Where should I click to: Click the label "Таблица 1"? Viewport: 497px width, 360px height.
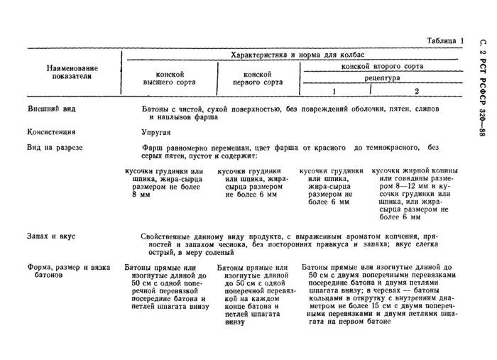click(x=441, y=41)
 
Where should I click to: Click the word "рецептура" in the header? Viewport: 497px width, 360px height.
click(x=381, y=78)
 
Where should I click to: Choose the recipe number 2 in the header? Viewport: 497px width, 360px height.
click(x=417, y=91)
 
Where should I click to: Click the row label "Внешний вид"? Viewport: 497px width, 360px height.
click(x=51, y=109)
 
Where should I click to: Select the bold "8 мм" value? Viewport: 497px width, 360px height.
click(x=143, y=194)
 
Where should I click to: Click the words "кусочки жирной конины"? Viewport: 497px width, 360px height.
click(x=415, y=171)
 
